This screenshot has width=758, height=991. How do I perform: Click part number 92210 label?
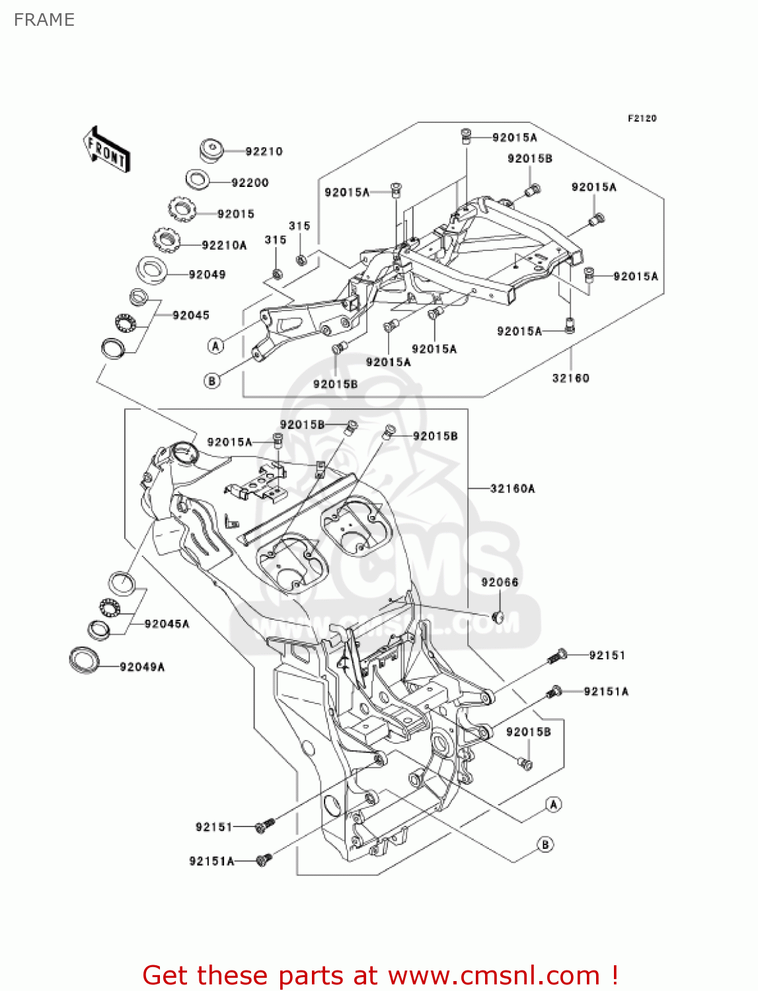(x=264, y=151)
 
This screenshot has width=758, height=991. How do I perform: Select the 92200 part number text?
(x=250, y=182)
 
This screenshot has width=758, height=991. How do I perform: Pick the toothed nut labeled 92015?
(x=182, y=210)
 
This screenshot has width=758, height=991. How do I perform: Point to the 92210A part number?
(x=224, y=245)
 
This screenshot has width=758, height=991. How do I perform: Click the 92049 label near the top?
(x=207, y=274)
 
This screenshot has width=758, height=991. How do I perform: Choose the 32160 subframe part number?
(x=570, y=378)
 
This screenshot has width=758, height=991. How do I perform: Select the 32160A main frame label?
(x=513, y=488)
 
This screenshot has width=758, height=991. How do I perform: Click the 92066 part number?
(x=500, y=582)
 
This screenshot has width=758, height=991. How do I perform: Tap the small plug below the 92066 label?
(x=498, y=617)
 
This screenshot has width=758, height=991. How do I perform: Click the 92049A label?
(x=142, y=667)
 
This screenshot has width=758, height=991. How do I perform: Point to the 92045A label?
(x=167, y=624)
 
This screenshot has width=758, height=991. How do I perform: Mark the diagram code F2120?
(x=642, y=118)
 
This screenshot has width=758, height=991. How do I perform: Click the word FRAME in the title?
(x=44, y=20)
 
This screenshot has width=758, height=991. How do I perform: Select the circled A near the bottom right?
(x=554, y=804)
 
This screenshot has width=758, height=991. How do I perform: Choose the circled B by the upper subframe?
(x=212, y=381)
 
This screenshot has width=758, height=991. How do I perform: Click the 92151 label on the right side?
(x=607, y=655)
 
